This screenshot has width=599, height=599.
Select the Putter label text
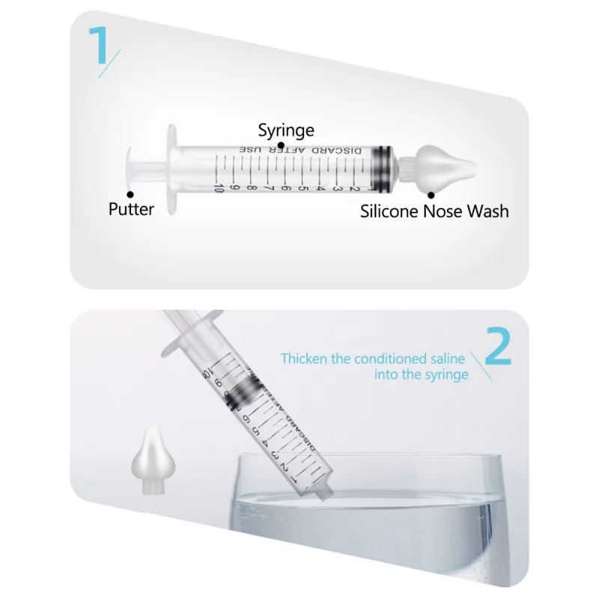pos(131,209)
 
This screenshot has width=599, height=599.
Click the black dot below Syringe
pos(281,145)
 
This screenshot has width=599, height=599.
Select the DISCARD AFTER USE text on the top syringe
pos(307,150)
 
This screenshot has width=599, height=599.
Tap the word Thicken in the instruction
pos(305,359)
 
